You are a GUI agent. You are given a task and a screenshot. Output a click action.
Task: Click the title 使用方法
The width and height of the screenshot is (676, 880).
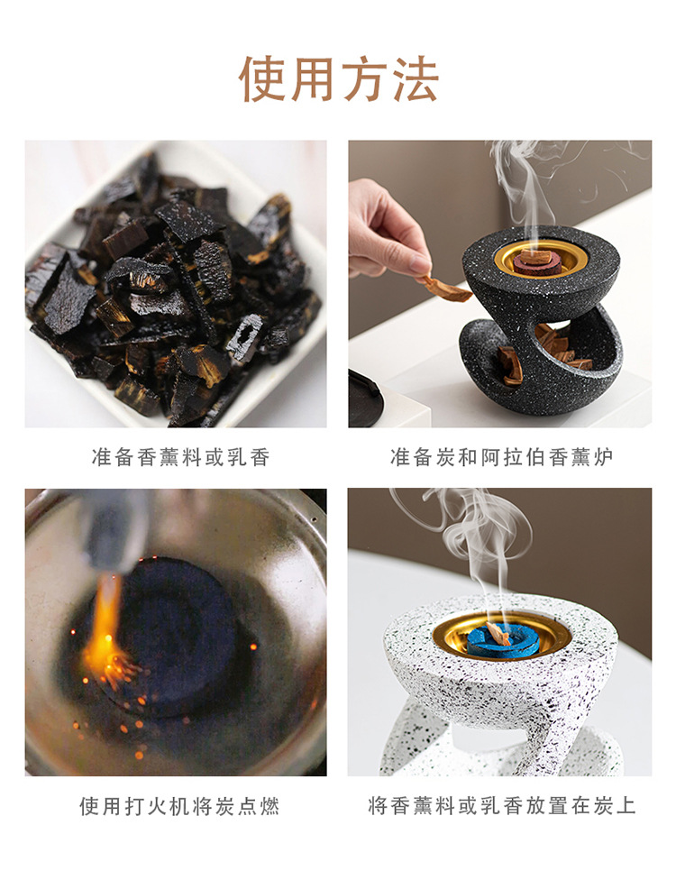pos(338,79)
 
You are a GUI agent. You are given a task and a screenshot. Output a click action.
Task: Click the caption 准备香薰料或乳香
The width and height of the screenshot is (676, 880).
pos(180,457)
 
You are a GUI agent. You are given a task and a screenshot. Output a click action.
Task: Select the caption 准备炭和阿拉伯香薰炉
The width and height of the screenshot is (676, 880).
pos(500,457)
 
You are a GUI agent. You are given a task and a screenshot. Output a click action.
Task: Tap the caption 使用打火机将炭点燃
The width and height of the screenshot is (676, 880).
pos(179,806)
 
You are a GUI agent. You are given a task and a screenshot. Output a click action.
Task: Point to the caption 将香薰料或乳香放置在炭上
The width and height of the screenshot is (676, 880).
pos(502,806)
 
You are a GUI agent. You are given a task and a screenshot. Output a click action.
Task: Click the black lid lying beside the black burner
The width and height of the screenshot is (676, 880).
pos(364,397)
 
